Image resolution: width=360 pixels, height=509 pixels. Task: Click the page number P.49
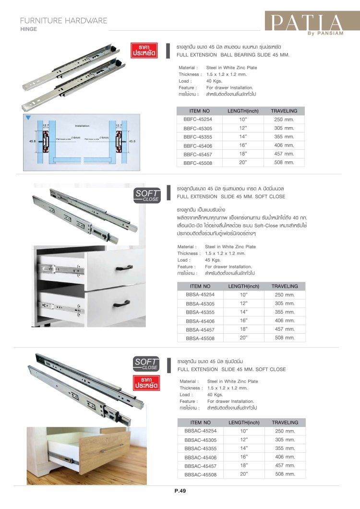point(180,491)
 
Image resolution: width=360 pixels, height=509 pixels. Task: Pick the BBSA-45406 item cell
point(200,321)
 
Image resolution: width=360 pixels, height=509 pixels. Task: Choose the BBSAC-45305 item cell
point(201,440)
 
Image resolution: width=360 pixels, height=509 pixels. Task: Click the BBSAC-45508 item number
point(201,474)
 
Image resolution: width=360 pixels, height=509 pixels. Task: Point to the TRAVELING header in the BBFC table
point(284,111)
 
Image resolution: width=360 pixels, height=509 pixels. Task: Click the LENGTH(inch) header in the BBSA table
point(243,286)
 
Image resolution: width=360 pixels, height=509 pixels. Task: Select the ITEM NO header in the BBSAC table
point(201,423)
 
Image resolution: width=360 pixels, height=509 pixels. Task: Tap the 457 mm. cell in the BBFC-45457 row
point(284,154)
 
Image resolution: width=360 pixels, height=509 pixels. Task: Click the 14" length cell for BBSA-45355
point(243,312)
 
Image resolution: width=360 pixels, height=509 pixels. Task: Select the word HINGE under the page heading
point(29,29)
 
